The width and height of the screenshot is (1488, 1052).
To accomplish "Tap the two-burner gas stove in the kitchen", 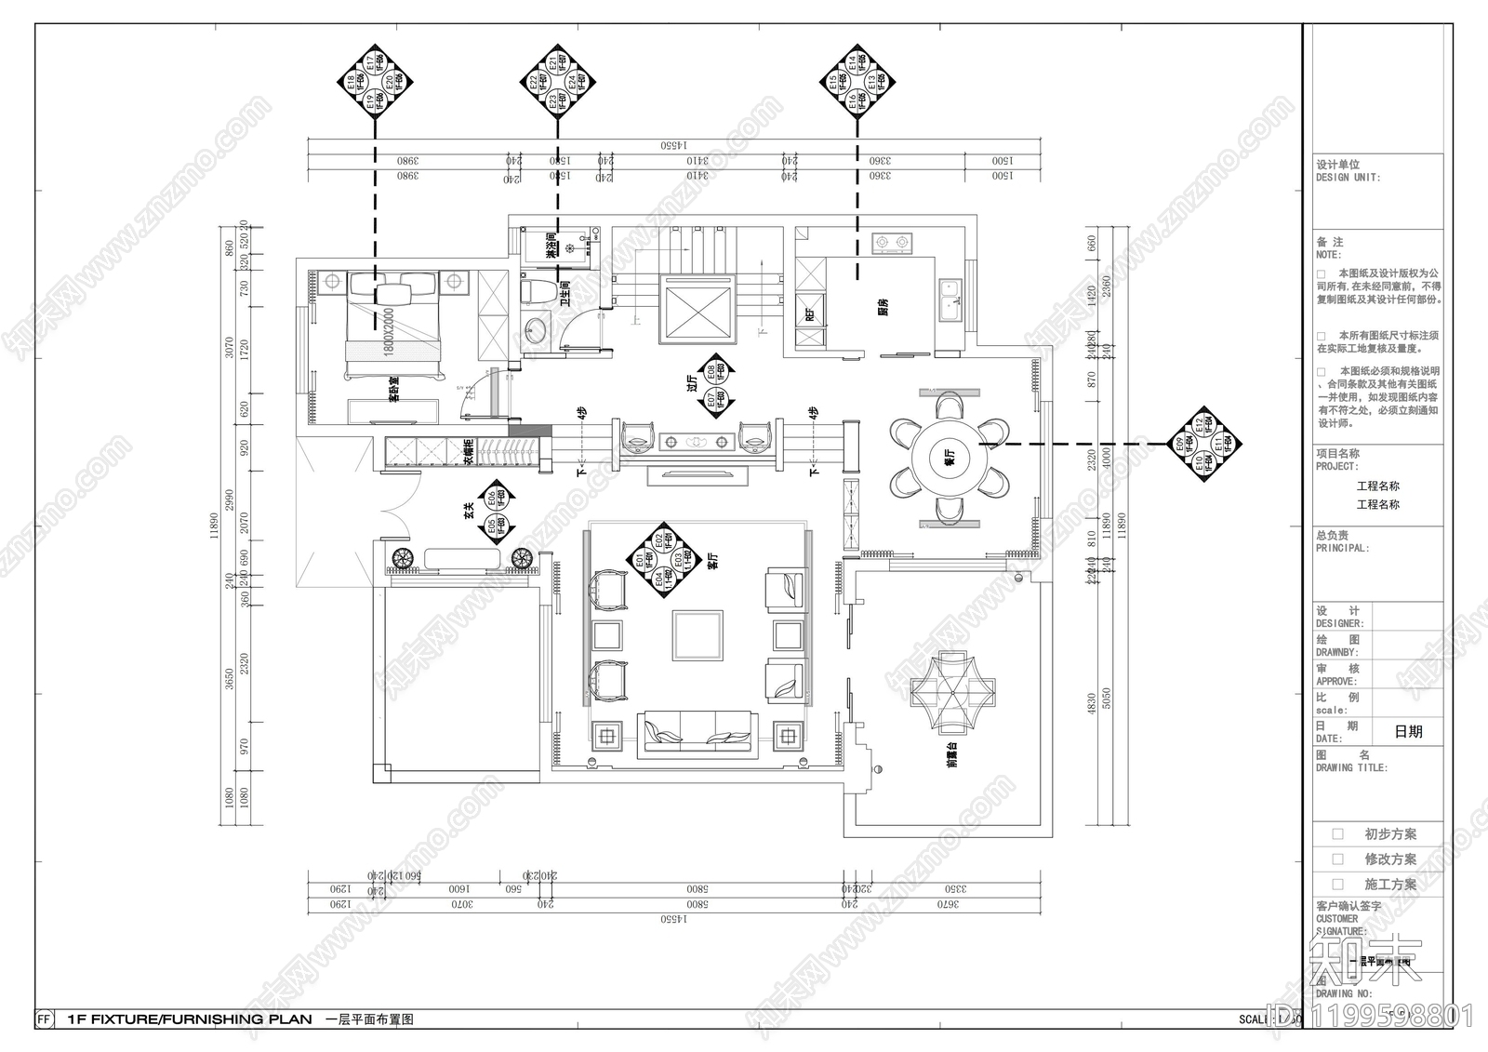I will click(x=892, y=244).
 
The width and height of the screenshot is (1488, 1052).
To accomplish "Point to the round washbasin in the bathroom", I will click(x=536, y=330).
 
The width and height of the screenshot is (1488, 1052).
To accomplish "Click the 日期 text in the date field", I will click(x=1408, y=732).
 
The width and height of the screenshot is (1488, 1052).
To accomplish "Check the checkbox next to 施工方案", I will click(x=1338, y=885).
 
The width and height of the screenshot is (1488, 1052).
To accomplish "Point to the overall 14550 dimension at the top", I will click(x=673, y=146).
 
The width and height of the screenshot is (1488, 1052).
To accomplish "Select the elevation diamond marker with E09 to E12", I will click(x=1206, y=445).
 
